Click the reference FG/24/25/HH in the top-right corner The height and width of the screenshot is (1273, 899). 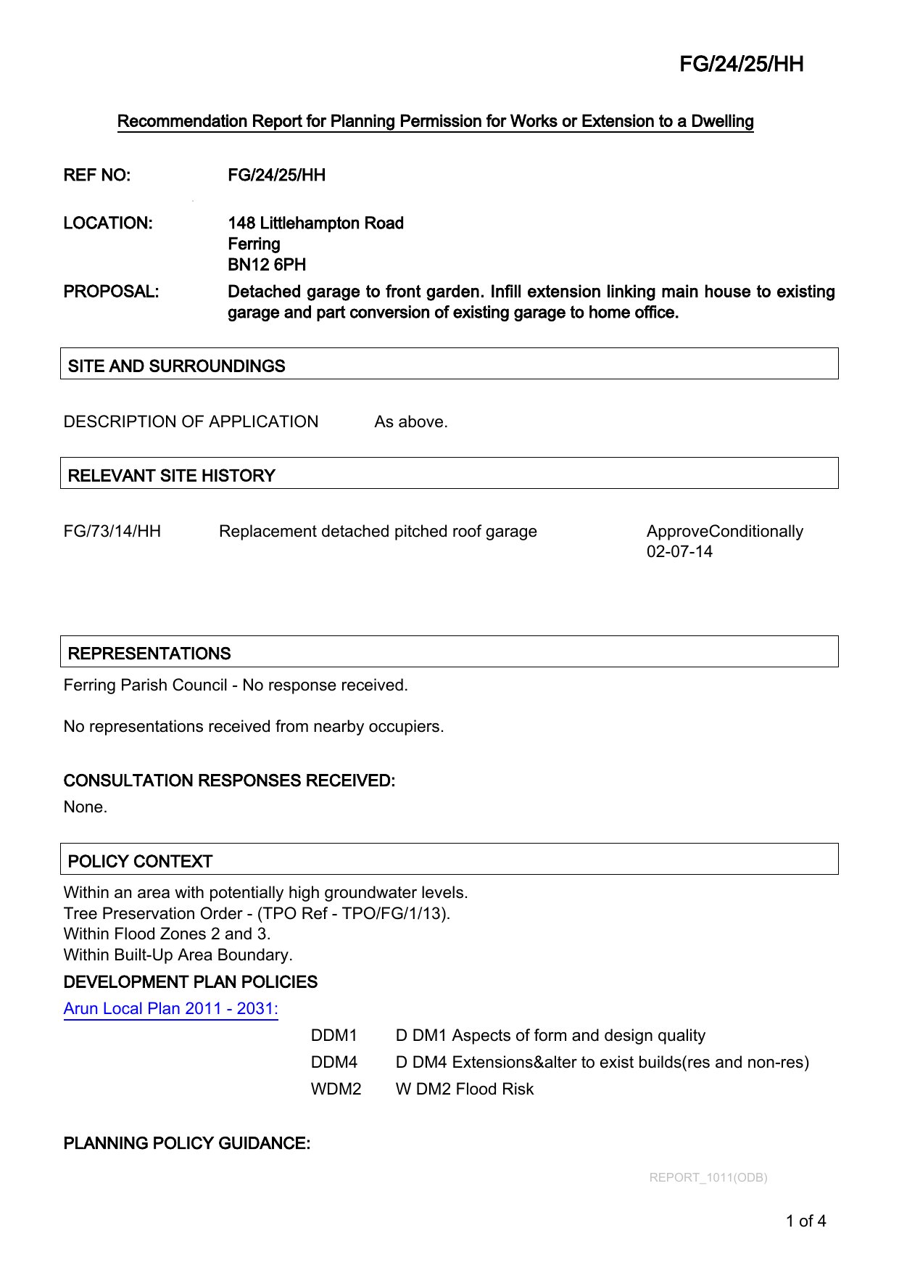[x=741, y=65]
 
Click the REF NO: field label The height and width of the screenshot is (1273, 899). [x=97, y=176]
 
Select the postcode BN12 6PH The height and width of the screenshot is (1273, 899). [x=267, y=265]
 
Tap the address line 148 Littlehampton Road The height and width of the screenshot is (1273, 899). [x=315, y=223]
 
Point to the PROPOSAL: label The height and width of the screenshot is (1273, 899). [x=111, y=292]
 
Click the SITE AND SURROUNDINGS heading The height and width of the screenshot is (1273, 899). [x=176, y=366]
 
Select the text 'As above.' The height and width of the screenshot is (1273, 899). [x=410, y=422]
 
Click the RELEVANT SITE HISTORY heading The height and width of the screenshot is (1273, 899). [x=171, y=476]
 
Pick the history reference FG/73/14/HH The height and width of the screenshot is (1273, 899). [x=112, y=532]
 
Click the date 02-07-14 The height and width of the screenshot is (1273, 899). [x=679, y=552]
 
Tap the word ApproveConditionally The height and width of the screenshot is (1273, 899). [x=724, y=532]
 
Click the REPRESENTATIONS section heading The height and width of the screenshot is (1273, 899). [x=149, y=654]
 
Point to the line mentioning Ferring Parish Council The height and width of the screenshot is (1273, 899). [x=236, y=685]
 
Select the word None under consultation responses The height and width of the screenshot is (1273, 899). [x=85, y=807]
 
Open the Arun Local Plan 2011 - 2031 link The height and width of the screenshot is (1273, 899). [x=170, y=1009]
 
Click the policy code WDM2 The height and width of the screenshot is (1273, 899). [x=336, y=1089]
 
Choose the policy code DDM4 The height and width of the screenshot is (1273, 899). [x=333, y=1063]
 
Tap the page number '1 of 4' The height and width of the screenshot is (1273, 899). [x=805, y=1221]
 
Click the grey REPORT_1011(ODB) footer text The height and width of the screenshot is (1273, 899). [x=708, y=1178]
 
